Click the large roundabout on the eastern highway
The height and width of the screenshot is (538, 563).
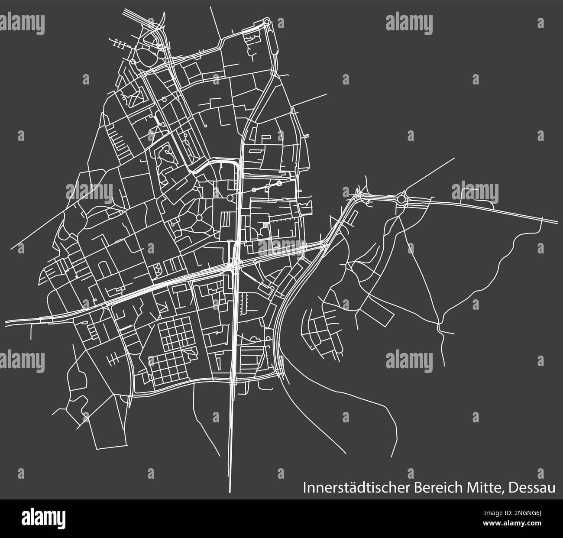tap(403, 199)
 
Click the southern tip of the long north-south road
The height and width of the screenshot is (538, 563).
tap(230, 492)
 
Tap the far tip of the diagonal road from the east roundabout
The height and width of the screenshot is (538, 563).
tap(454, 158)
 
